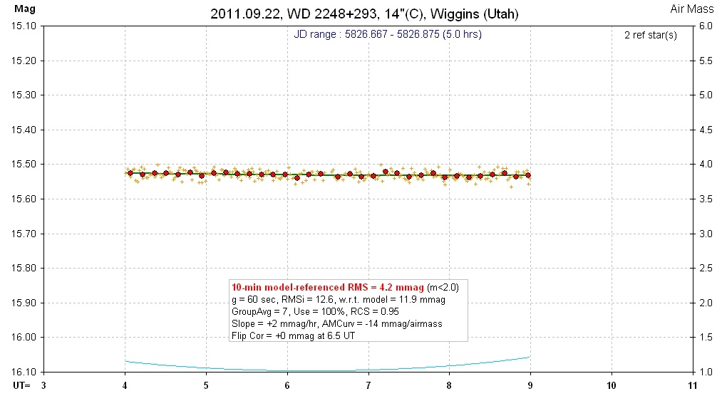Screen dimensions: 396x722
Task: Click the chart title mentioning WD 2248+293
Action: (364, 14)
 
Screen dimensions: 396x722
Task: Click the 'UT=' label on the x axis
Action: (13, 385)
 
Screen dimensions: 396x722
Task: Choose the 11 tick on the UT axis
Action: (692, 385)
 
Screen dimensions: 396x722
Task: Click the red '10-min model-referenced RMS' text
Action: (327, 287)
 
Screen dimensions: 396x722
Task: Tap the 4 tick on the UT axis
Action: (125, 385)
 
